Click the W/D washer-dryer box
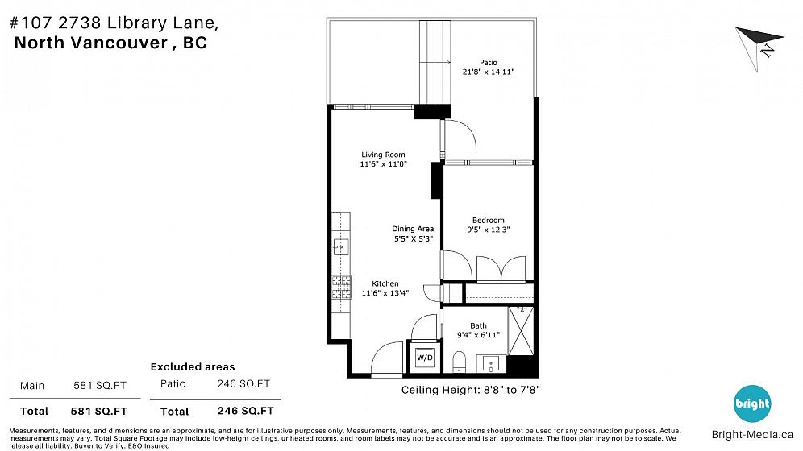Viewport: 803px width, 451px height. [424, 357]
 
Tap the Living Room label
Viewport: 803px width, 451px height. [383, 155]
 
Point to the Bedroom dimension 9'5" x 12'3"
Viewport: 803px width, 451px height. [488, 230]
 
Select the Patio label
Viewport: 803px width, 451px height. [488, 62]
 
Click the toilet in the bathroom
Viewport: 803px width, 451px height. [459, 362]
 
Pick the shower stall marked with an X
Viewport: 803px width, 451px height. [521, 330]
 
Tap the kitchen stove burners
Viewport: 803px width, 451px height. [341, 287]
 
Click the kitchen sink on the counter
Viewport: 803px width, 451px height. [340, 247]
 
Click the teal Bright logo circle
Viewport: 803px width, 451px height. [752, 403]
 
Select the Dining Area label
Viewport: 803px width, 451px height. [413, 229]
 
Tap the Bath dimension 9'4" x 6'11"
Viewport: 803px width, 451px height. [478, 335]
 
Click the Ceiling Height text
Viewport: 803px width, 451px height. [470, 390]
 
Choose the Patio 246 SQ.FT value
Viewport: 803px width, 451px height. [243, 383]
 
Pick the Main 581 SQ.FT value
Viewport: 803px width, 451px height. [100, 386]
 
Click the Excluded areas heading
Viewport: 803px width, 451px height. [193, 366]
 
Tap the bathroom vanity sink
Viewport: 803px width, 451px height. [491, 363]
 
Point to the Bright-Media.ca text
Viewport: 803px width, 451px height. [752, 435]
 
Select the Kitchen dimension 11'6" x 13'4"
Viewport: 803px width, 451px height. [385, 293]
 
